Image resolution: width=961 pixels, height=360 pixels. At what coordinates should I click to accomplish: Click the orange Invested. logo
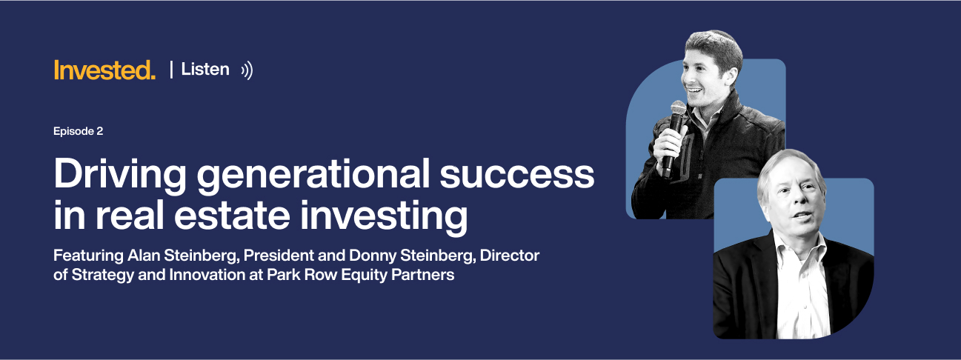104,70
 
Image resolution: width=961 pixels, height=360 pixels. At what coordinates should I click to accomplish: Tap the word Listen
205,70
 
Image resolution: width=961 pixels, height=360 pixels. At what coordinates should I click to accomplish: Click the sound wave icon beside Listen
247,70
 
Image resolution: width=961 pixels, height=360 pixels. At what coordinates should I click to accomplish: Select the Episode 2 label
78,131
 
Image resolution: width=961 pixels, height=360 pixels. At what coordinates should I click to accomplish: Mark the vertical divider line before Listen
171,70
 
